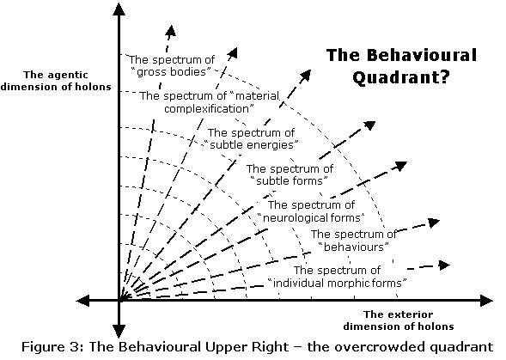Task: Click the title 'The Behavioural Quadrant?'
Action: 401,66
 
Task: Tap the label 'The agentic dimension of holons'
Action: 56,81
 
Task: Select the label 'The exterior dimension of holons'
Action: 399,320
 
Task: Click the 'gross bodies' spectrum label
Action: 172,65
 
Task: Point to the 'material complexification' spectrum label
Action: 210,102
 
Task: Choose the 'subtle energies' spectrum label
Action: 251,139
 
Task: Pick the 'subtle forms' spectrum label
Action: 290,175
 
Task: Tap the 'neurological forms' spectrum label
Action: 311,211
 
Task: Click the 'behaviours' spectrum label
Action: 354,241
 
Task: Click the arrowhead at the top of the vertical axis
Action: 119,9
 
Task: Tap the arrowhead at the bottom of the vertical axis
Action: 119,332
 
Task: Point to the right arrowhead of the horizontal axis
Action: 486,301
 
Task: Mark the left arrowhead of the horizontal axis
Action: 82,301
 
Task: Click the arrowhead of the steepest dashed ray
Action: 171,30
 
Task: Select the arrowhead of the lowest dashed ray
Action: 445,265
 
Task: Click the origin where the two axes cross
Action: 119,301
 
